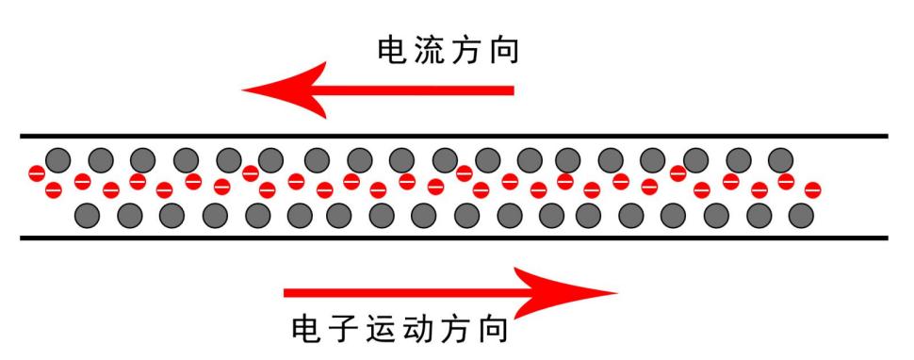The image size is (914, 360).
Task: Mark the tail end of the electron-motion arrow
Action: click(288, 292)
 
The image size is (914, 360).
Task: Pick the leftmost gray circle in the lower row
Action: click(87, 215)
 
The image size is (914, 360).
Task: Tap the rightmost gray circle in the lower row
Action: click(801, 215)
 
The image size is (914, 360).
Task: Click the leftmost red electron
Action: click(37, 173)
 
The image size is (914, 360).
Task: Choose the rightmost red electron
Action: click(811, 188)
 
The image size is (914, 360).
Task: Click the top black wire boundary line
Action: click(452, 136)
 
